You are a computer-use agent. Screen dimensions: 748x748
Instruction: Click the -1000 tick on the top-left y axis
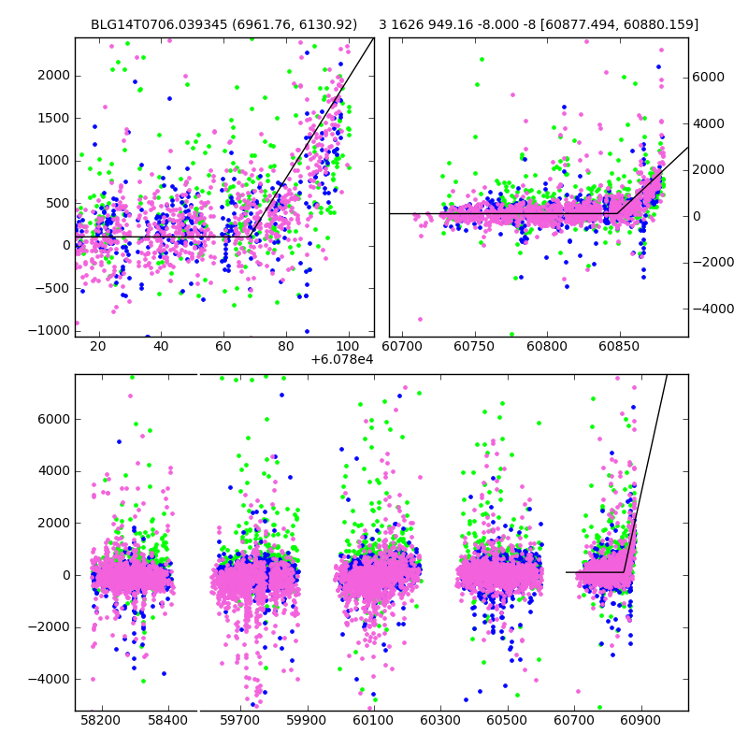[x=50, y=330]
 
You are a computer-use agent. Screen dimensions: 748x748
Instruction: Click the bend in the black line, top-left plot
[x=252, y=237]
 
